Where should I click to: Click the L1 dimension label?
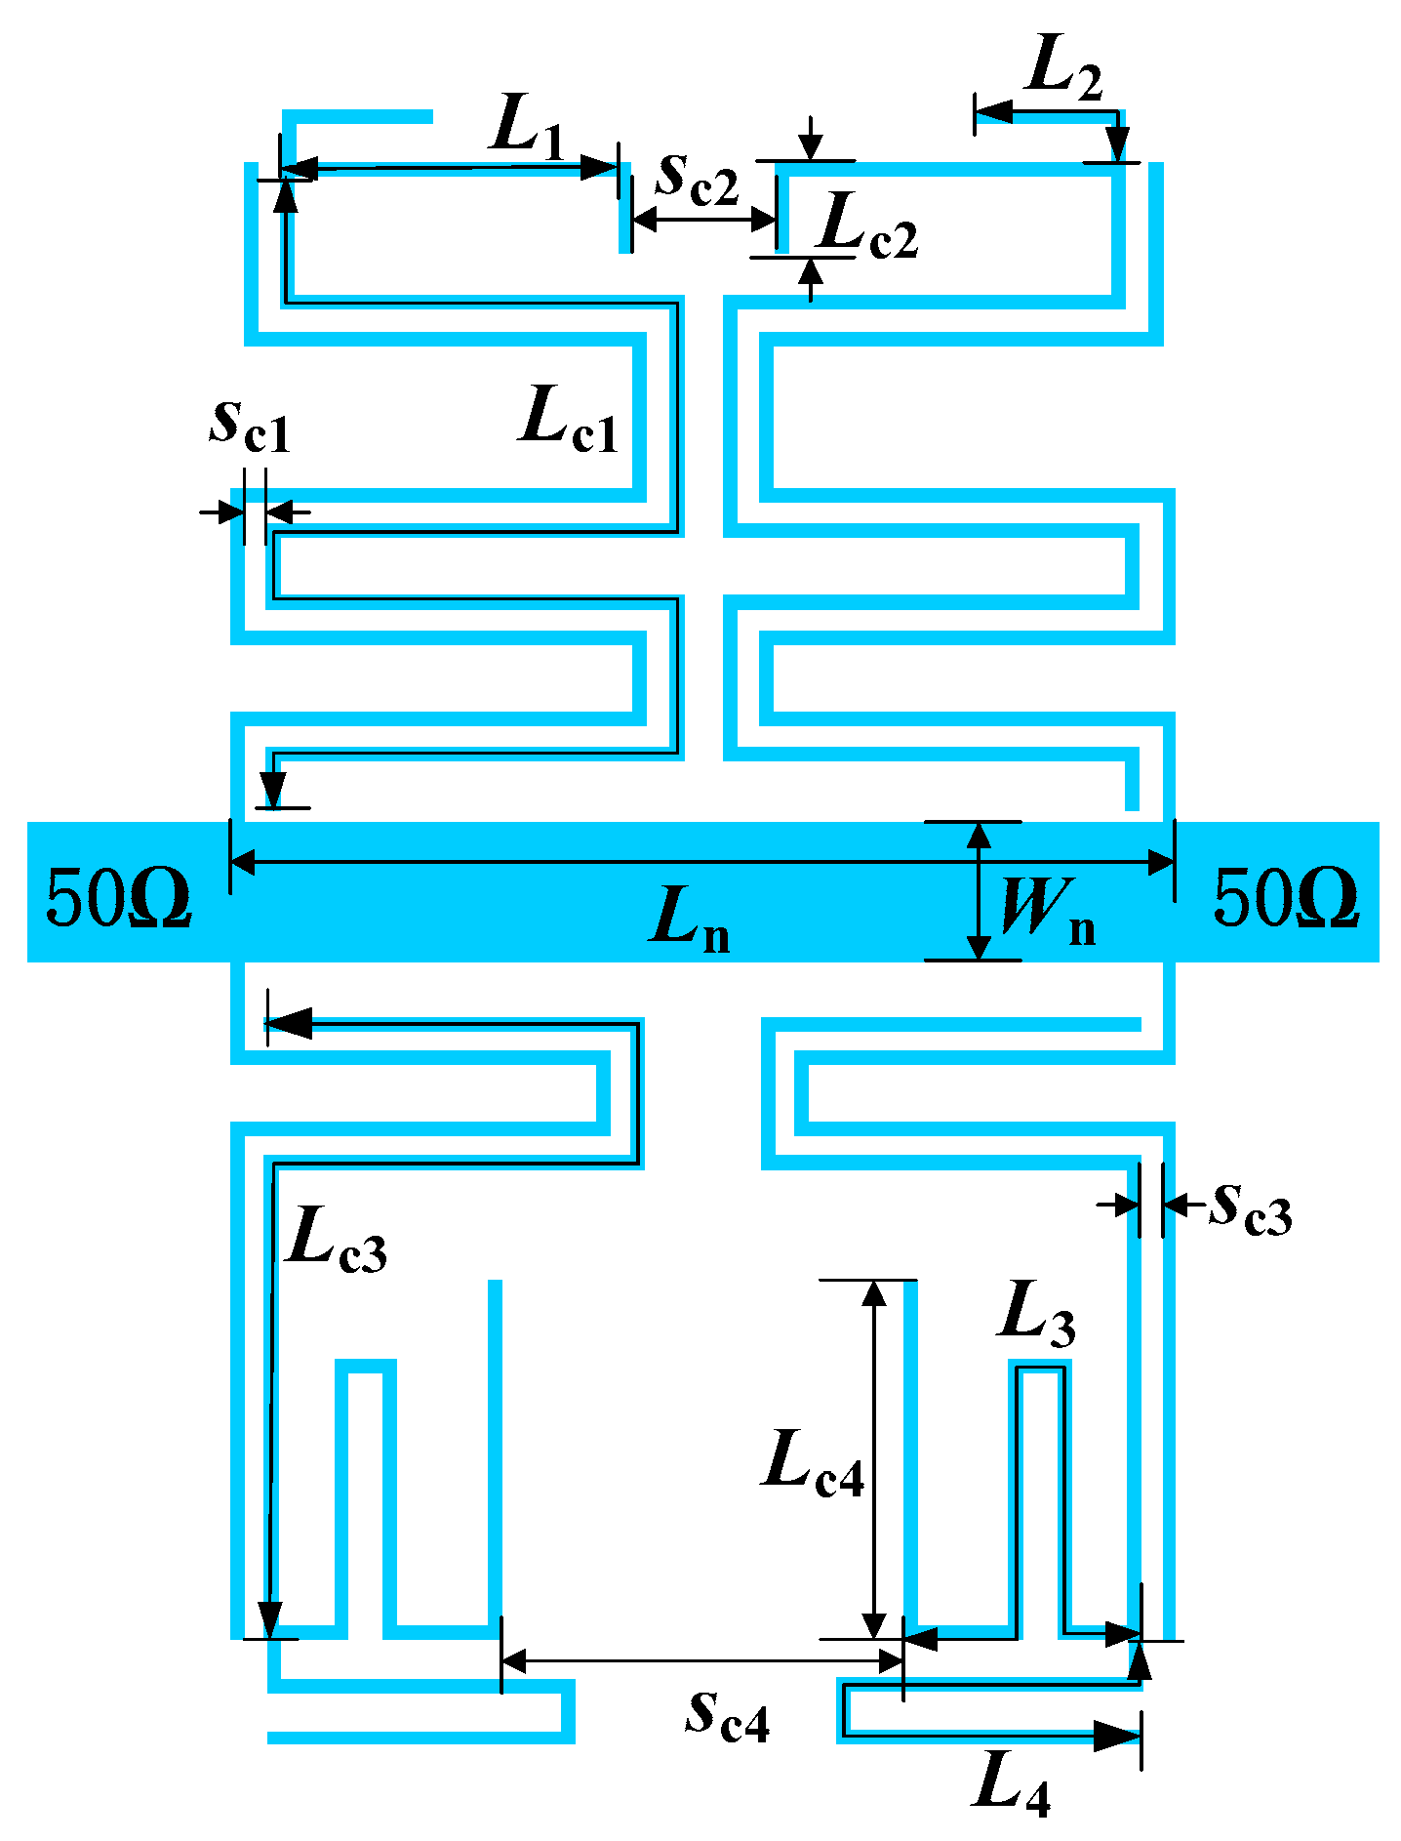pos(528,128)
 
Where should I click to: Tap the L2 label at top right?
pos(1062,71)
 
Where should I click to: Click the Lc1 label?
pos(570,421)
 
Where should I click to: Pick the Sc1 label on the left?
pos(250,426)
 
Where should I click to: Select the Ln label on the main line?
pos(689,920)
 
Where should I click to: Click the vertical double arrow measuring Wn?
pos(979,891)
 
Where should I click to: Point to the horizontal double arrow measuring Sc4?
pos(701,1660)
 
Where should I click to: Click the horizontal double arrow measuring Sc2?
pos(704,221)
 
